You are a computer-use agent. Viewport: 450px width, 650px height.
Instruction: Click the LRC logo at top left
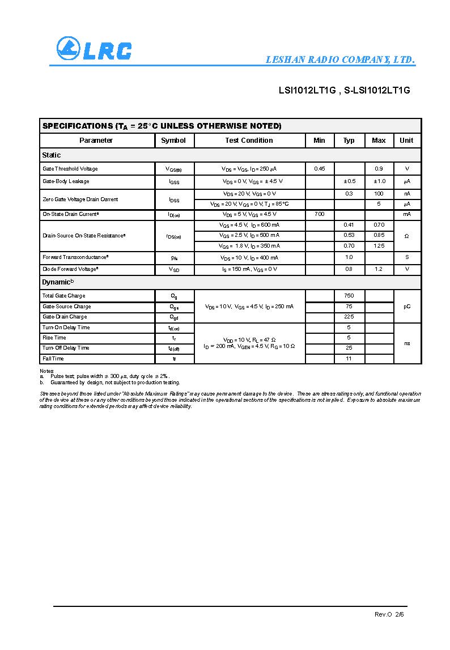coord(94,49)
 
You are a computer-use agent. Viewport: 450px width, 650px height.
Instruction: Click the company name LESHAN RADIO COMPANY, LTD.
coord(340,60)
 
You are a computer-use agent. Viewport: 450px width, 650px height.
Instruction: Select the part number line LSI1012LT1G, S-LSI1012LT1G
coord(344,90)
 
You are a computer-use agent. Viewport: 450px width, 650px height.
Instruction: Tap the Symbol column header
coord(173,141)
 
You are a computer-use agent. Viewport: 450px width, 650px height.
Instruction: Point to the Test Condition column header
coord(249,141)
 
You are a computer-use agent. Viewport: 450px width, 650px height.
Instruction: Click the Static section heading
coord(52,155)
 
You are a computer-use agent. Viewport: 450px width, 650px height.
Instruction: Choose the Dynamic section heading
coord(58,282)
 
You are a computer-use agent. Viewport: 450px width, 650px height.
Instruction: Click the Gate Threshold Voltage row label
coord(70,169)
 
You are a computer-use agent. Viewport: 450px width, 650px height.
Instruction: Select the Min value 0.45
coord(320,169)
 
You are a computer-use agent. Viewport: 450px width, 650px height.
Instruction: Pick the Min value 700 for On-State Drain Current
coord(320,214)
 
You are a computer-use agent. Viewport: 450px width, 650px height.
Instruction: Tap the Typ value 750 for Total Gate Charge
coord(349,296)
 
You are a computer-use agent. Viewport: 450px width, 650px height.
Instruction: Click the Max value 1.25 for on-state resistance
coord(379,246)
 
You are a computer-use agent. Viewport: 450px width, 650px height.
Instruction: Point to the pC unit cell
coord(407,307)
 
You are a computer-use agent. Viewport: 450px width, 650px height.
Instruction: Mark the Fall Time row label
coord(53,359)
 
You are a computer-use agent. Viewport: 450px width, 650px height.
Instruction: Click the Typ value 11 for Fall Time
coord(349,359)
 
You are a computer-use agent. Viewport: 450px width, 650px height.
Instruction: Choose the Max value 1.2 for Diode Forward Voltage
coord(379,269)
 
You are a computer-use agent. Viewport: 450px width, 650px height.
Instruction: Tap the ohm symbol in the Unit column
coord(407,236)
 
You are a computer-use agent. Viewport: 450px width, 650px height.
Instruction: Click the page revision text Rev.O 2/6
coord(389,614)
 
